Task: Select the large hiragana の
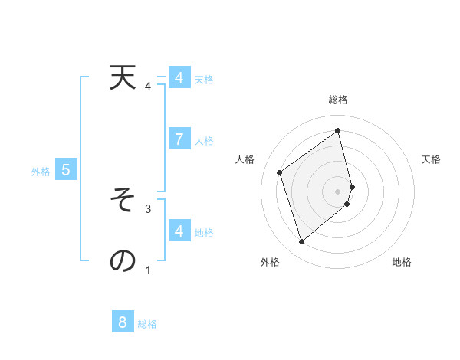[122, 260]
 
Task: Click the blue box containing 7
[179, 139]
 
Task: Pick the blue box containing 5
[66, 171]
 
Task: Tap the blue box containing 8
[123, 322]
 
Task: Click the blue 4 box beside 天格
[179, 78]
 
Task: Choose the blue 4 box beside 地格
[179, 231]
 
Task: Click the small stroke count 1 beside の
[148, 270]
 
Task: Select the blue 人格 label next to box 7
[204, 141]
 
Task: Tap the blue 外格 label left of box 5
[41, 172]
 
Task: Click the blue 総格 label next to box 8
[147, 324]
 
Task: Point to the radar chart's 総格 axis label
[338, 100]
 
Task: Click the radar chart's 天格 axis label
[431, 159]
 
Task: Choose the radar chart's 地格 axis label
[402, 262]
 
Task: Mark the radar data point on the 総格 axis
[338, 131]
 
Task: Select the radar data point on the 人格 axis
[280, 172]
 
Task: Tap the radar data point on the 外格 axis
[301, 242]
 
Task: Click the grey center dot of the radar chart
[338, 191]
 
